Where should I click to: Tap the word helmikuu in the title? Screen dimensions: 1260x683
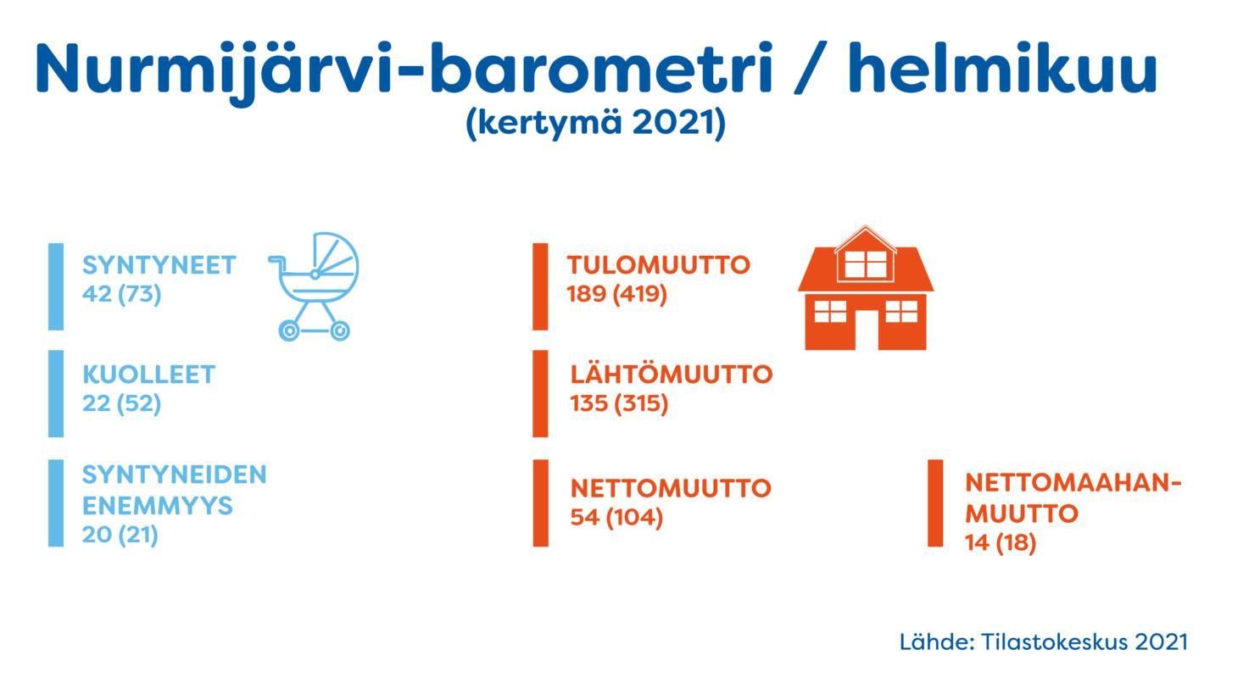tap(1002, 68)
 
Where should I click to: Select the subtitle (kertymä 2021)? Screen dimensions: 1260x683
tap(596, 123)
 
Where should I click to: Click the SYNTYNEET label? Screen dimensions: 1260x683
tap(159, 265)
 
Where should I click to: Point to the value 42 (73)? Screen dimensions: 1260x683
tap(121, 294)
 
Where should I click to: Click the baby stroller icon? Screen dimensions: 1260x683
tap(314, 286)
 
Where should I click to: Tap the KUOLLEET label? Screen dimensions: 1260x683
tap(149, 375)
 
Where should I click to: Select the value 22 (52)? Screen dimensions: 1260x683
tap(121, 403)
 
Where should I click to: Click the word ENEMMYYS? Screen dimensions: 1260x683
tap(158, 506)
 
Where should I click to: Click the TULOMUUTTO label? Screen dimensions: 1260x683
tap(659, 265)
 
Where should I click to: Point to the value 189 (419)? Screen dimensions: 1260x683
tap(617, 294)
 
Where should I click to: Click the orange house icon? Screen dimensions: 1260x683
tap(866, 288)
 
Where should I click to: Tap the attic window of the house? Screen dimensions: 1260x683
tap(866, 264)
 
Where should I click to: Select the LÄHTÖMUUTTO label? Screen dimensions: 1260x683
tap(672, 373)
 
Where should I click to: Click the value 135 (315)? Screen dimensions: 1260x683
tap(619, 403)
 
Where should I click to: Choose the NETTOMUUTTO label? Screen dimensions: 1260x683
tap(671, 488)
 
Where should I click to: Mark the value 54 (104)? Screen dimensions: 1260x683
tap(617, 517)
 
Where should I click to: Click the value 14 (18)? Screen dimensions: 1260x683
tap(1001, 543)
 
